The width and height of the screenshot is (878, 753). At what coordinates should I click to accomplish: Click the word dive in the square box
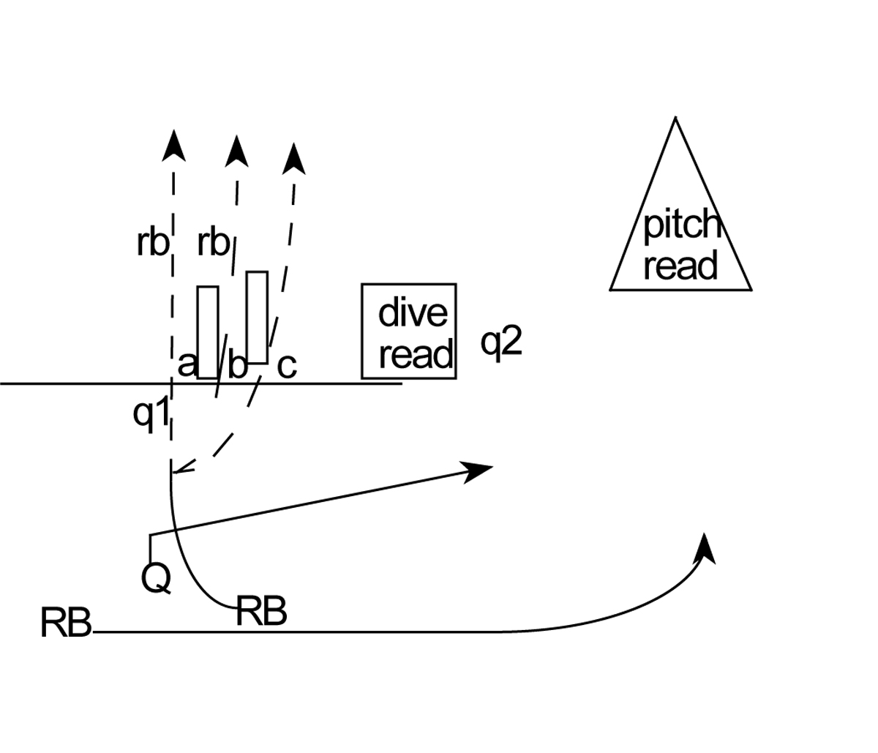click(x=413, y=313)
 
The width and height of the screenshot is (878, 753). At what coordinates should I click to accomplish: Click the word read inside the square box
click(x=416, y=355)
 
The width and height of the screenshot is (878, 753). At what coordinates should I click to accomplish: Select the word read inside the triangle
click(x=680, y=266)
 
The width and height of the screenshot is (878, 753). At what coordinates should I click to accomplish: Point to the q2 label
click(x=501, y=342)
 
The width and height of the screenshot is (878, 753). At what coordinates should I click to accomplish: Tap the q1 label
click(x=151, y=414)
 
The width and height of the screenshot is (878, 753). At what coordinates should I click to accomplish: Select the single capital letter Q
click(x=156, y=578)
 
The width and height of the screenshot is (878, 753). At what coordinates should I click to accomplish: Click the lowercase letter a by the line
click(x=187, y=364)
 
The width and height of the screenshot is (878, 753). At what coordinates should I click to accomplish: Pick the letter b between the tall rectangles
click(x=237, y=365)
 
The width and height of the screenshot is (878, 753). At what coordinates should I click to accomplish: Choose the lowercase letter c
click(x=287, y=365)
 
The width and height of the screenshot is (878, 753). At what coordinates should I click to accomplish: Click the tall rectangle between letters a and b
click(x=208, y=332)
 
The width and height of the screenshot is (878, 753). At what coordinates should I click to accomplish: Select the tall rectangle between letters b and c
click(x=257, y=317)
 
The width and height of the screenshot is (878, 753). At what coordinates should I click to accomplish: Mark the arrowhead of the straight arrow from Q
click(x=479, y=471)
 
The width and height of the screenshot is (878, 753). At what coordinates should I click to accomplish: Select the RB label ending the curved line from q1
click(x=261, y=612)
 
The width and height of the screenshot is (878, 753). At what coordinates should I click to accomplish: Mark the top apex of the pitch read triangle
click(x=675, y=119)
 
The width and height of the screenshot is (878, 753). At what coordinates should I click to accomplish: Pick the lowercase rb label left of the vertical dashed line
click(x=152, y=243)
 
